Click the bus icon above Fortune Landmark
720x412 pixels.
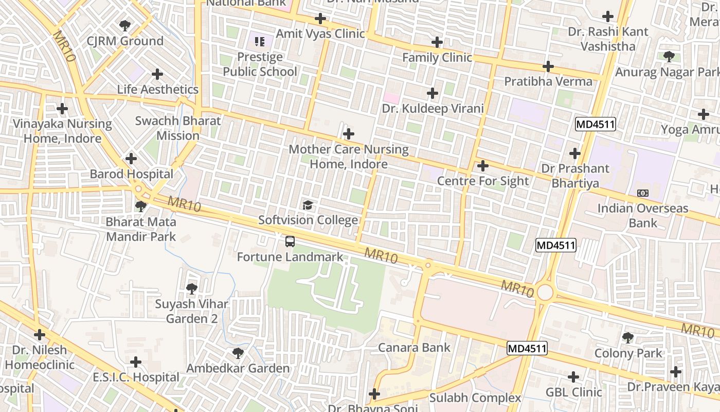pyautogui.click(x=290, y=242)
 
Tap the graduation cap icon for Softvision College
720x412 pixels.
pyautogui.click(x=308, y=205)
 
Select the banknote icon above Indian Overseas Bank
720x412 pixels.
pyautogui.click(x=643, y=193)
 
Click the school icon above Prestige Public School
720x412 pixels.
pyautogui.click(x=260, y=41)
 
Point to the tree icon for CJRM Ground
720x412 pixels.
pyautogui.click(x=124, y=25)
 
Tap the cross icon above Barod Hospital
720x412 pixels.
pyautogui.click(x=131, y=159)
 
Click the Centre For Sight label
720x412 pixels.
pyautogui.click(x=482, y=181)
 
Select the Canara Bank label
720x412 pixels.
pyautogui.click(x=414, y=348)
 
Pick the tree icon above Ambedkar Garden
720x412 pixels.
pyautogui.click(x=238, y=353)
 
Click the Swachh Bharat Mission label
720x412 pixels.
pyautogui.click(x=178, y=128)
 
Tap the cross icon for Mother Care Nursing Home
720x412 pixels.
pyautogui.click(x=349, y=134)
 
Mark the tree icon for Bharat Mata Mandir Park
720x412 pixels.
pyautogui.click(x=140, y=207)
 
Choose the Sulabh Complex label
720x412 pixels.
pyautogui.click(x=475, y=398)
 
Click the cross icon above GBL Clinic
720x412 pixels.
pyautogui.click(x=573, y=377)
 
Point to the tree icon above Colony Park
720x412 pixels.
pyautogui.click(x=627, y=338)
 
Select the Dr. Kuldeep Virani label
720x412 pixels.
pyautogui.click(x=433, y=108)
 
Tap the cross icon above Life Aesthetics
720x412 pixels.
pyautogui.click(x=157, y=74)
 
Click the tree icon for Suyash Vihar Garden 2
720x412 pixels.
pyautogui.click(x=192, y=289)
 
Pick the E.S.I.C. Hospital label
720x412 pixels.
pyautogui.click(x=136, y=377)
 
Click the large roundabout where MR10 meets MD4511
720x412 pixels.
pyautogui.click(x=545, y=293)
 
